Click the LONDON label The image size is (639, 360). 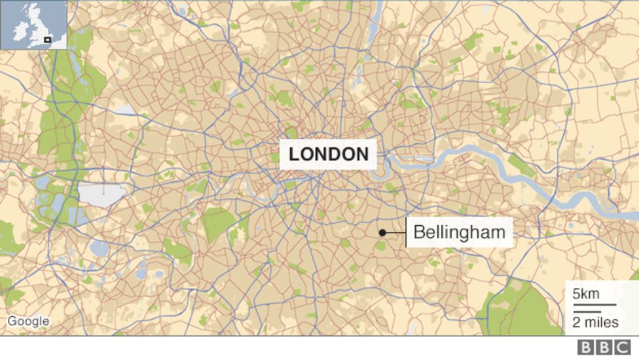329,154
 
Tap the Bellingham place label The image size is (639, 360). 459,232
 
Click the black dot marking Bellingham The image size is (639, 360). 382,232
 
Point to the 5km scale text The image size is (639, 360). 585,294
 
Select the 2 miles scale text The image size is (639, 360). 595,322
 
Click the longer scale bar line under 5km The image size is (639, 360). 594,304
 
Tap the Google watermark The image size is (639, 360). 28,321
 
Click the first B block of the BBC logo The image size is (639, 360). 585,348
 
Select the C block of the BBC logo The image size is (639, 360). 621,348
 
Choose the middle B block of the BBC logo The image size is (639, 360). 603,348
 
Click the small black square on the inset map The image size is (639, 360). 47,40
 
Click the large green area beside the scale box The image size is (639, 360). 524,308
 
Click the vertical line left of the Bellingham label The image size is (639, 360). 406,232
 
